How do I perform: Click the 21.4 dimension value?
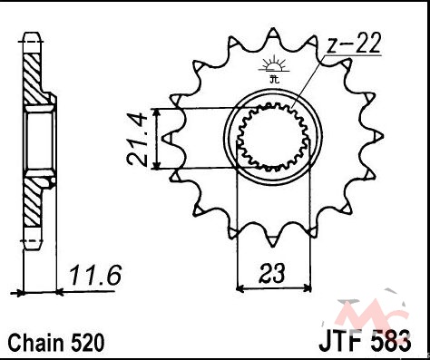tap(138, 140)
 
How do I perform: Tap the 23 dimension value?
tap(272, 273)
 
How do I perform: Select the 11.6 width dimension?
tap(95, 275)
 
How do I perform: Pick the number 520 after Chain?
tap(88, 343)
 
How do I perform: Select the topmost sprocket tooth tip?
tap(273, 29)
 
